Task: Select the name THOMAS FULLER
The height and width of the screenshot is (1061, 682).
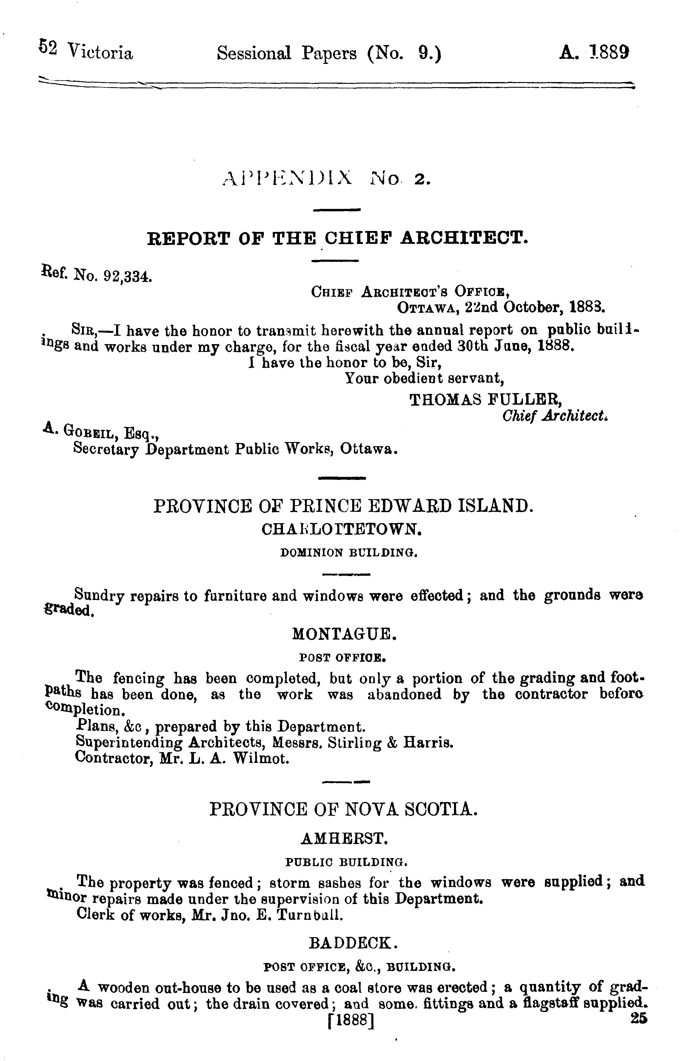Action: click(x=485, y=400)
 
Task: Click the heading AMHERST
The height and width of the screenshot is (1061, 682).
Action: click(x=344, y=838)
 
